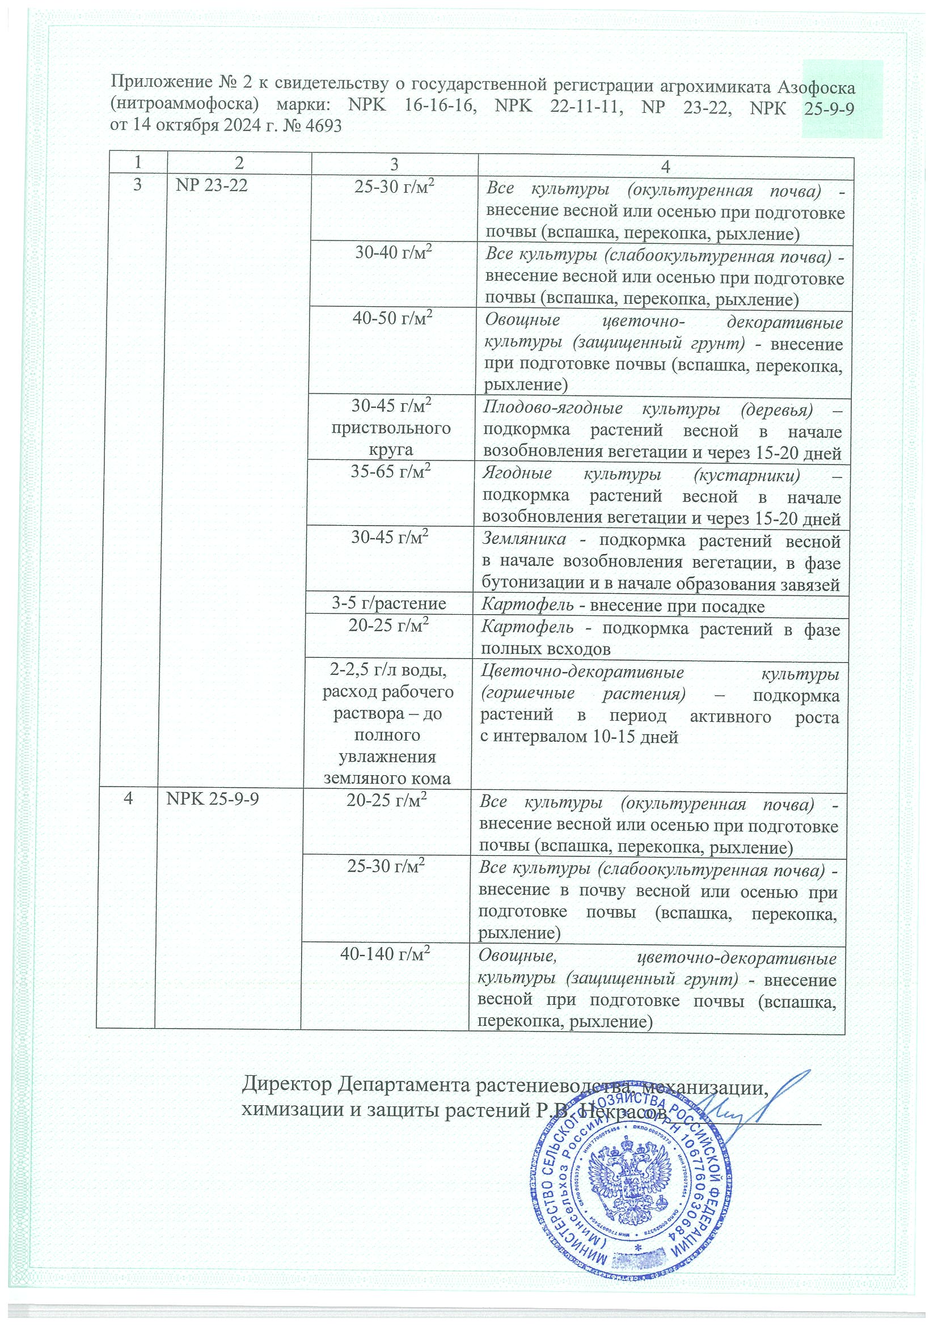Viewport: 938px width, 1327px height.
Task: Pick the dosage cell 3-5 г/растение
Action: tap(389, 603)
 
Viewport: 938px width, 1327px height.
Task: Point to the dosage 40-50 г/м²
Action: tap(395, 319)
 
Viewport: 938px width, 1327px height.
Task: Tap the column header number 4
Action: tap(665, 167)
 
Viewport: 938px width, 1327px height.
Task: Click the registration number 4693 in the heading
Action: tap(322, 125)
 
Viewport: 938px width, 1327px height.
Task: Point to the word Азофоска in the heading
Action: tap(816, 87)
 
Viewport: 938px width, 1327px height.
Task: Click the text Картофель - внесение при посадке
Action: tap(623, 606)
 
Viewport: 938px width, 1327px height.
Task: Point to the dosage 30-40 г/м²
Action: tap(395, 253)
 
